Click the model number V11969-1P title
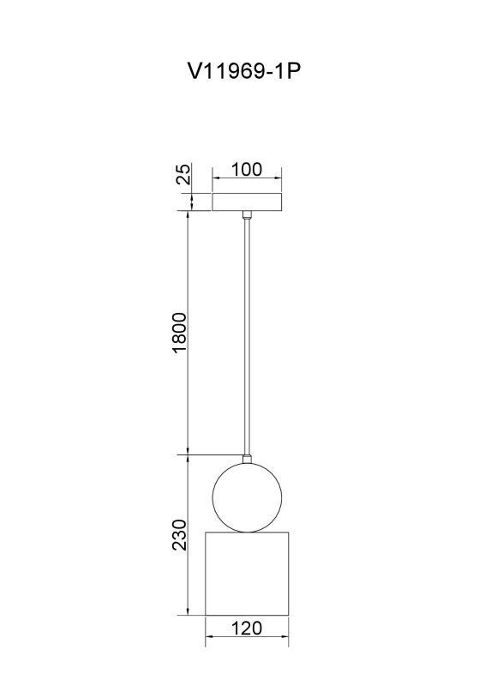(244, 71)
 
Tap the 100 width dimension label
(247, 169)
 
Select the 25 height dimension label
(184, 174)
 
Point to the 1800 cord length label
(179, 333)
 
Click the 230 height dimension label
(179, 534)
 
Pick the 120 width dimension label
(247, 628)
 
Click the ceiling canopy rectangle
(247, 202)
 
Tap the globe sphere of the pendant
(247, 497)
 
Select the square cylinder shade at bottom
(247, 574)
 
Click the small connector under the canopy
(247, 215)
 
